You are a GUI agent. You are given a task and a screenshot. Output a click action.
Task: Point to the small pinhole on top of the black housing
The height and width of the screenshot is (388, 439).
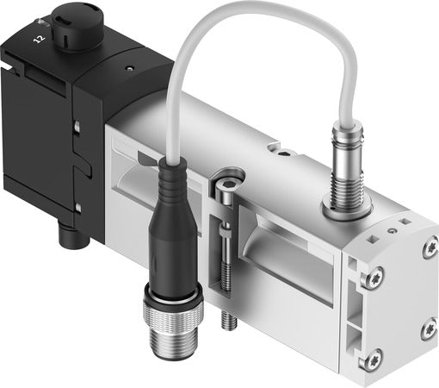pos(128,66)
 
